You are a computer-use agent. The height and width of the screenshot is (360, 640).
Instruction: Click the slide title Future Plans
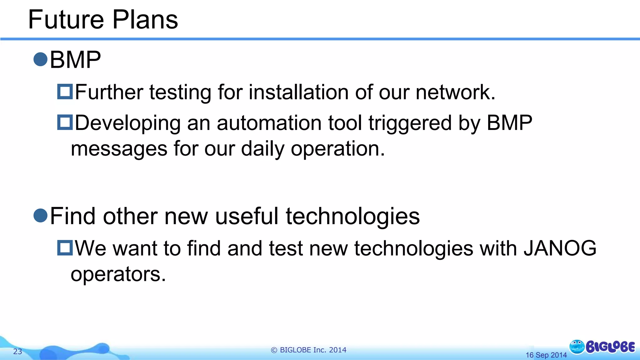(x=103, y=20)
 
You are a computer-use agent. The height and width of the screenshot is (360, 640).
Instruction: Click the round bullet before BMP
(x=40, y=59)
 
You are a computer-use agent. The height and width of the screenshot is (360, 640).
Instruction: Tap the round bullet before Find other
(x=40, y=215)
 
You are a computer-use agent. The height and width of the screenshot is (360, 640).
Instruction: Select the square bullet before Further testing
(x=65, y=92)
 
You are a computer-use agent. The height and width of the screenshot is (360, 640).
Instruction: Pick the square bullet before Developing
(x=65, y=122)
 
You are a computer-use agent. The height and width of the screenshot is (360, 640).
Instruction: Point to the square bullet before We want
(x=65, y=247)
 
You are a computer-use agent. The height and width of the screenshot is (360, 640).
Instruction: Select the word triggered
(x=410, y=123)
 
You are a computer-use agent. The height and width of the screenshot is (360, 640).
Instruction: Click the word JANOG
(x=560, y=248)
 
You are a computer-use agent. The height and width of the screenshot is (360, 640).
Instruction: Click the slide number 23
(x=17, y=352)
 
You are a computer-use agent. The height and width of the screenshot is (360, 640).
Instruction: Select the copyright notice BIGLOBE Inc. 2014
(x=308, y=350)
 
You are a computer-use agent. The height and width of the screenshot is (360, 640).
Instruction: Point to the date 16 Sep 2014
(x=546, y=355)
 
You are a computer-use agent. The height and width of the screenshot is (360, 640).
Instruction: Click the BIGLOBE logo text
(x=610, y=347)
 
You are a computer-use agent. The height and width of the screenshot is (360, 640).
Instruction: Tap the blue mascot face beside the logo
(x=577, y=347)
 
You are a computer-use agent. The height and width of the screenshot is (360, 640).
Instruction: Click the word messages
(x=119, y=149)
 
